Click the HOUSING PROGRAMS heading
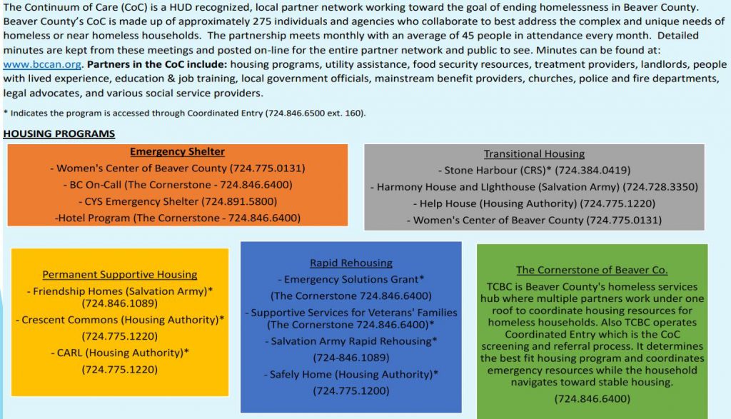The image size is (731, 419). point(59,133)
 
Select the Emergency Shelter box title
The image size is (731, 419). point(177,151)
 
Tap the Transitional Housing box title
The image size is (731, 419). point(534,153)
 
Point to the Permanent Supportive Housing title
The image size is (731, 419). point(120,274)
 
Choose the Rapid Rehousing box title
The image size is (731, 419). point(351,263)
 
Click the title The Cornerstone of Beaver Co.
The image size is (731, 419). point(592,270)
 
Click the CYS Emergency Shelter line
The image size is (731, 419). point(177,201)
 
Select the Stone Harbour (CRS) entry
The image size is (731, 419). point(534,171)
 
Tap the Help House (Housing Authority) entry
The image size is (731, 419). point(534,203)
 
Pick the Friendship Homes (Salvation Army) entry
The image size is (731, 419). point(120,291)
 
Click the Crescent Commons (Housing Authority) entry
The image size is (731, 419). point(120,320)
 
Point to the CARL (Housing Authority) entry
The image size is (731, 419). point(120,353)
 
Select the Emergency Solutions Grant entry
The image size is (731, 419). point(351,279)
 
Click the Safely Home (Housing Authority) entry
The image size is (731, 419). point(351,374)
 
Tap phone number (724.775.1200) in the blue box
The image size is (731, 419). point(351,390)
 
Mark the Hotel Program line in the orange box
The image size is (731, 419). point(177,218)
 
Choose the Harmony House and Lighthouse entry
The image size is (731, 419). point(534,187)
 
